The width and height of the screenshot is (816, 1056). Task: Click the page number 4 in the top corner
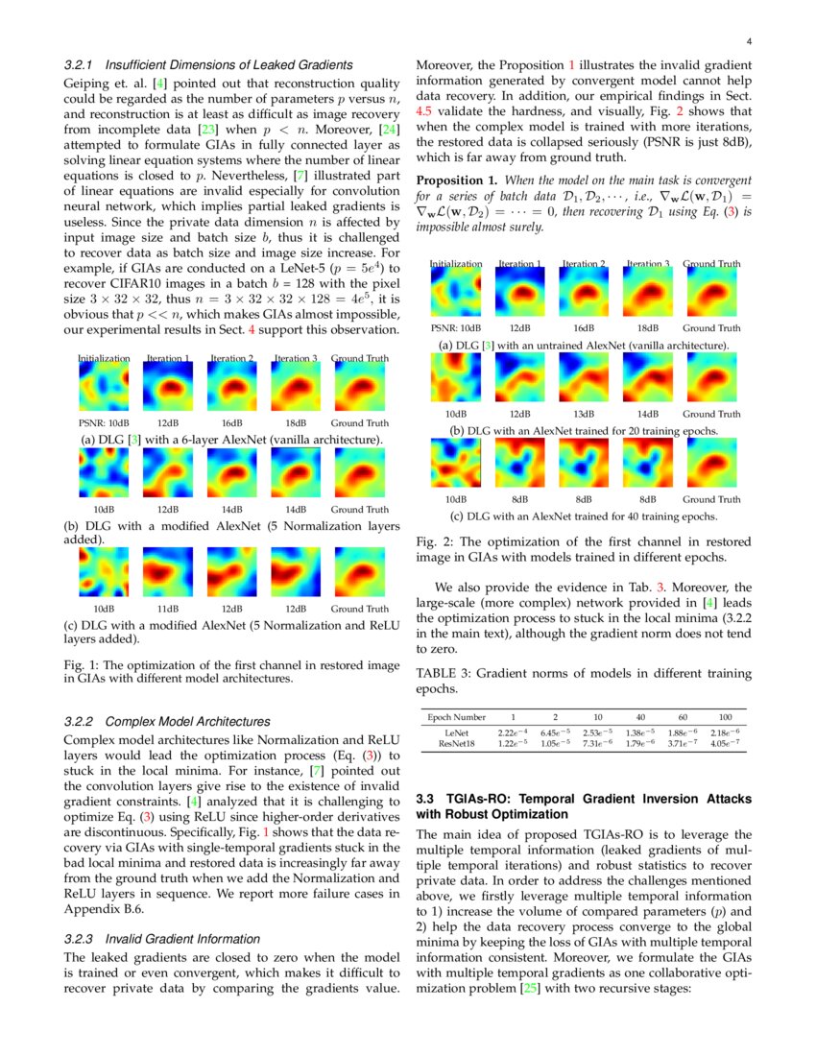(x=748, y=42)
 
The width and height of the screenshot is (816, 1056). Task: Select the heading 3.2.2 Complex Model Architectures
(x=166, y=721)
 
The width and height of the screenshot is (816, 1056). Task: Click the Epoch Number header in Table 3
(x=456, y=717)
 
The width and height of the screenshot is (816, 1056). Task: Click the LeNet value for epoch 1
(x=513, y=732)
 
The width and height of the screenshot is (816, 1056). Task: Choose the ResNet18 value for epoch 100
(x=726, y=742)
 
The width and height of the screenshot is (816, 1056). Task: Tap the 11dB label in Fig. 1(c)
(x=168, y=609)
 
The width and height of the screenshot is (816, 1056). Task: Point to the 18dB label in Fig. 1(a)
(x=296, y=422)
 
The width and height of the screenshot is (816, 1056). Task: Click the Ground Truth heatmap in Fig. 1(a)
(x=360, y=388)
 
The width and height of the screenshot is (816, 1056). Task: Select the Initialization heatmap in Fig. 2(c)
(x=456, y=462)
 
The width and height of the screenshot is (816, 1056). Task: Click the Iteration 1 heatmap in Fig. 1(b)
(x=168, y=475)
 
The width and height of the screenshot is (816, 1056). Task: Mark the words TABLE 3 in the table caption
(x=443, y=674)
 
